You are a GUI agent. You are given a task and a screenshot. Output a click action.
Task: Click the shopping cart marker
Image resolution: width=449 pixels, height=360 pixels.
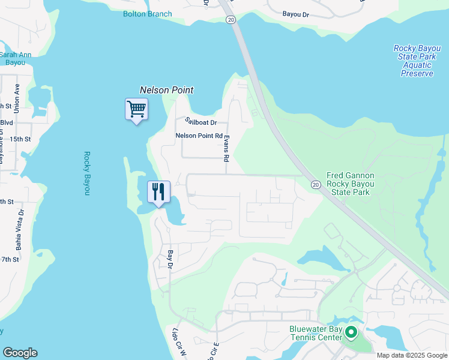coord(136,110)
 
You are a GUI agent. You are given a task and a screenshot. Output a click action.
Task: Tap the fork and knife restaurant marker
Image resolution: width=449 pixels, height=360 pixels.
coord(158,192)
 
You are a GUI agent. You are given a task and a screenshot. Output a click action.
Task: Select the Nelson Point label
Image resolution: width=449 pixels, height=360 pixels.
coord(167,90)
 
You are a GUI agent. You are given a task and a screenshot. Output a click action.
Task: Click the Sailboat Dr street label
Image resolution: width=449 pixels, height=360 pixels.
coord(200,122)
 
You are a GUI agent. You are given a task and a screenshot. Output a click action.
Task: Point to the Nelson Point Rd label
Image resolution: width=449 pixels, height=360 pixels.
coord(199,136)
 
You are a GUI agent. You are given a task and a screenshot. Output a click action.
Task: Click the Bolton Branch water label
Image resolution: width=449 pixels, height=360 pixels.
coord(147,14)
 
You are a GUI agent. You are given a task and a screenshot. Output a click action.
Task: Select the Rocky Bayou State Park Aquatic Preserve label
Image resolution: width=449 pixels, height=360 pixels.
coord(417,61)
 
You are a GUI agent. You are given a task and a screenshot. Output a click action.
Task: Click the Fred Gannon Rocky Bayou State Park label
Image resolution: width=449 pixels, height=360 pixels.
coord(351,184)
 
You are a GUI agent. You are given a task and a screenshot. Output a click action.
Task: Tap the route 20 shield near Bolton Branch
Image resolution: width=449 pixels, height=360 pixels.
coord(231,20)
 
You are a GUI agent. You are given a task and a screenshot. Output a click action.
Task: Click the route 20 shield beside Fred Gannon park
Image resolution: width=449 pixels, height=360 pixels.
coord(315,185)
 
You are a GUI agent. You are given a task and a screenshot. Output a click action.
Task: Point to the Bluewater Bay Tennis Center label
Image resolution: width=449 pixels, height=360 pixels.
coord(316,334)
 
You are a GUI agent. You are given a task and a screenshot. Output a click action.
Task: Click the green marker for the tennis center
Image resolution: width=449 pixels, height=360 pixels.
coord(352,332)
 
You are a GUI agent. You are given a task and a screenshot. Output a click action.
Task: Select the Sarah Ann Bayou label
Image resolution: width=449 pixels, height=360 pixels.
coord(15,58)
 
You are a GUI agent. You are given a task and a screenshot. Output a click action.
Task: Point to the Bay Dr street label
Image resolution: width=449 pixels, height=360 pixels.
coord(170,259)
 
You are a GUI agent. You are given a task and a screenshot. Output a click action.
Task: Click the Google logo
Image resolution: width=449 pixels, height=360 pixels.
coord(20,353)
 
